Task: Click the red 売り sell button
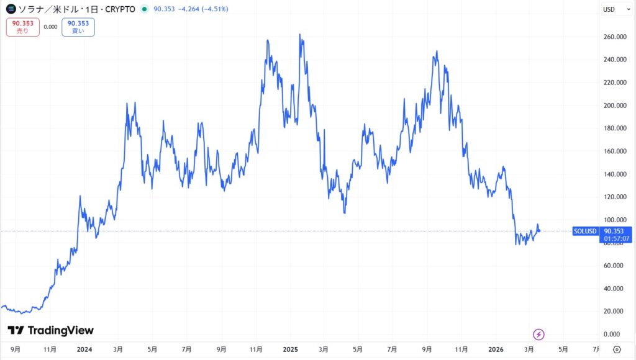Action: tap(22, 27)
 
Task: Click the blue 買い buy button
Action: tap(78, 27)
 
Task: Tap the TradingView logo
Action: tap(50, 330)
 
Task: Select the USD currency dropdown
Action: tap(609, 9)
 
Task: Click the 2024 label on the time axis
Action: tap(84, 349)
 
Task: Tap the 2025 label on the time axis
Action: tap(291, 349)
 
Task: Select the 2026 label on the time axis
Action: tap(496, 349)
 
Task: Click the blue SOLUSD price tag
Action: tap(585, 232)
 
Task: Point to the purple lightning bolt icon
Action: tap(539, 334)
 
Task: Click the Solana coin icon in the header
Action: tap(11, 9)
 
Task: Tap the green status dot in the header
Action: tap(144, 9)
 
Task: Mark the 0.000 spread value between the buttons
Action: tap(50, 27)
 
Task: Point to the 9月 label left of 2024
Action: tap(16, 349)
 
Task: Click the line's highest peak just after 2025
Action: tap(301, 35)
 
